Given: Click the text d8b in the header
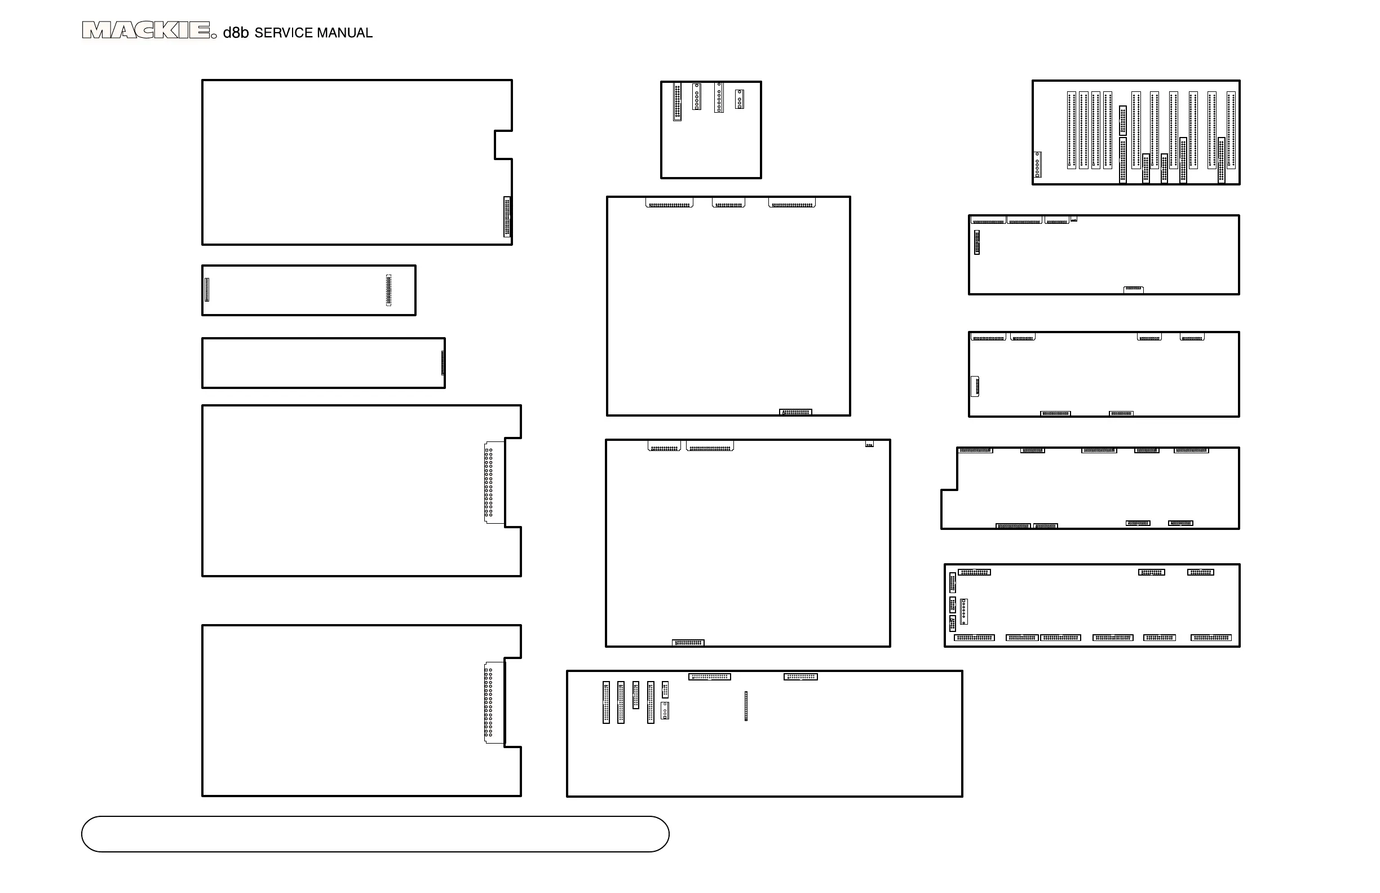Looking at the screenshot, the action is point(236,33).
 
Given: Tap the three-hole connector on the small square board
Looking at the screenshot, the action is point(739,99).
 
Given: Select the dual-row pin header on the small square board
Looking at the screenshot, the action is point(677,101).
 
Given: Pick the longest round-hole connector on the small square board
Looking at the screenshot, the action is point(719,98).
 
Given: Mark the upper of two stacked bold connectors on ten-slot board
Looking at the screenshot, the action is point(1123,121).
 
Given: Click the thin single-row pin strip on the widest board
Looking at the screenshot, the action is point(746,706).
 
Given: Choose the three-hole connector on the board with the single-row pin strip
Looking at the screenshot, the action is point(665,710).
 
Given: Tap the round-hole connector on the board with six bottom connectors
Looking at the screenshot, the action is point(963,611).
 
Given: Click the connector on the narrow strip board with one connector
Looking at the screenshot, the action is point(443,363).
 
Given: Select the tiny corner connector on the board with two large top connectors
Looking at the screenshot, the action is point(869,444).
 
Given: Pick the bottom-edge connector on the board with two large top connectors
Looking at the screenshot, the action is point(688,643).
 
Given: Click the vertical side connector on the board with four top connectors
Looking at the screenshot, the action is point(975,387).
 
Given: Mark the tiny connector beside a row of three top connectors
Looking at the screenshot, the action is point(1073,220).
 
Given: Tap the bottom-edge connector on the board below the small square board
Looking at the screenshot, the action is point(795,412).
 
